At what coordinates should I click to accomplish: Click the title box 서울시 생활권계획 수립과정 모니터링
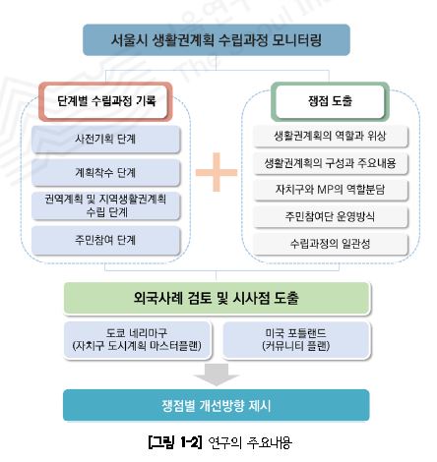coord(217,39)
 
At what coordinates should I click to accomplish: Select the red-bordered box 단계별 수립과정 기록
coord(105,101)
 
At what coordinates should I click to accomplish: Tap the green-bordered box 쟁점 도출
coord(330,101)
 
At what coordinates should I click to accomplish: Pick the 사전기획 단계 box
coord(105,140)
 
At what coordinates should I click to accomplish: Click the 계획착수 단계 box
coord(105,173)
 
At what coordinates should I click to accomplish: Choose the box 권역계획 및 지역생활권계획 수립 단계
coord(105,205)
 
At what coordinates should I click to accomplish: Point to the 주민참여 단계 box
coord(105,241)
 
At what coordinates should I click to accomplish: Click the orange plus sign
coord(217,172)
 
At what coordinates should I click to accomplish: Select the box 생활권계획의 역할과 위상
coord(330,136)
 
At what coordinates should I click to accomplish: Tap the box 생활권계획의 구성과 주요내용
coord(330,163)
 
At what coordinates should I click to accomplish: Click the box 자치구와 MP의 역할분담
coord(330,190)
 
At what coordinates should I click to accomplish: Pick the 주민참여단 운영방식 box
coord(330,216)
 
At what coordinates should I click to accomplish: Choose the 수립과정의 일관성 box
coord(330,244)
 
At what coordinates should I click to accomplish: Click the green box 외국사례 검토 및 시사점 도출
coord(217,298)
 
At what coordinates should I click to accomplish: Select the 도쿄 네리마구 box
coord(138,340)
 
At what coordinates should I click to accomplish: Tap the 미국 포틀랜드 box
coord(296,340)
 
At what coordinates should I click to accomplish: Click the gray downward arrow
coord(217,375)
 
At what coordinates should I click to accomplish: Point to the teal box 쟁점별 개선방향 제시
coord(217,405)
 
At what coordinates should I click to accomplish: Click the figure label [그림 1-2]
coord(174,442)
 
